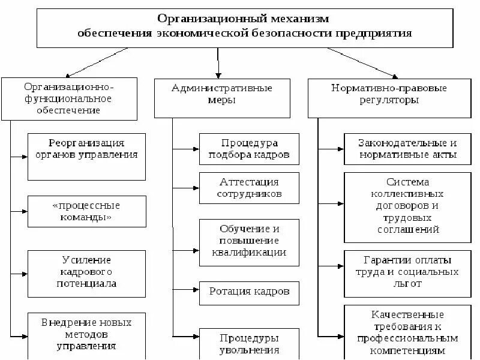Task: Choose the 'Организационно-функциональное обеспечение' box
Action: pyautogui.click(x=70, y=98)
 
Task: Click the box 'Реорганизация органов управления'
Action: pyautogui.click(x=86, y=156)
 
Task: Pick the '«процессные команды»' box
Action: pyautogui.click(x=86, y=211)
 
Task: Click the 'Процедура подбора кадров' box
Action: pyautogui.click(x=250, y=149)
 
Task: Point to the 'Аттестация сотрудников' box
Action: pyautogui.click(x=250, y=188)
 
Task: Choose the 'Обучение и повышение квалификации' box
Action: pyautogui.click(x=250, y=241)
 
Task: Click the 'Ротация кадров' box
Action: pyautogui.click(x=250, y=292)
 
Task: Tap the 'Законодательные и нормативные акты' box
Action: pyautogui.click(x=407, y=149)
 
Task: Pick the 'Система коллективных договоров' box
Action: pyautogui.click(x=407, y=205)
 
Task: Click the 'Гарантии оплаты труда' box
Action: pyautogui.click(x=407, y=271)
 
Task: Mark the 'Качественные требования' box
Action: pyautogui.click(x=407, y=332)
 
